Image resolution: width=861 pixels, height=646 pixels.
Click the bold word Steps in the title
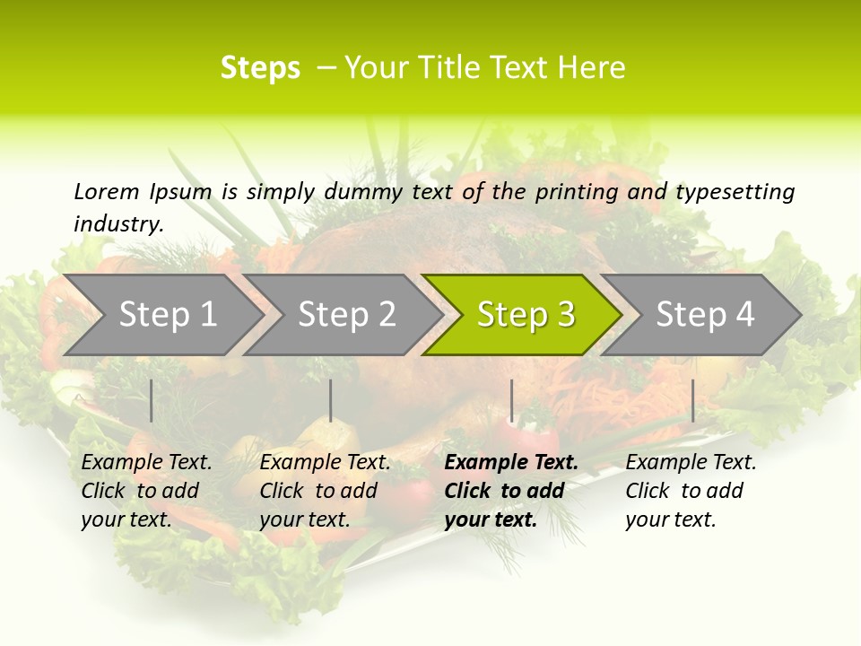[260, 68]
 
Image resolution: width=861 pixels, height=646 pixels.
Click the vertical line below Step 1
[151, 400]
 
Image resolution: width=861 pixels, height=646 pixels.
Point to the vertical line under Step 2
[331, 400]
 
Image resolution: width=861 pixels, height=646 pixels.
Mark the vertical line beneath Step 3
[511, 400]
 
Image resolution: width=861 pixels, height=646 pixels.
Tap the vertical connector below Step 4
[692, 400]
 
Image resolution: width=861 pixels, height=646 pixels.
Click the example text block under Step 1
[146, 491]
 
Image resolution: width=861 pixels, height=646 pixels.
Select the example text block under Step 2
[325, 491]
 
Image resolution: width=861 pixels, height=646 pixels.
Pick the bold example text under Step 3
[510, 491]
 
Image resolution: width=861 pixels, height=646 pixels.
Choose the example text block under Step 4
[691, 491]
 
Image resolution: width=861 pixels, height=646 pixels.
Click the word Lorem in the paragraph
[106, 191]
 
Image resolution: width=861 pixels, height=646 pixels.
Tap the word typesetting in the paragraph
[735, 192]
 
